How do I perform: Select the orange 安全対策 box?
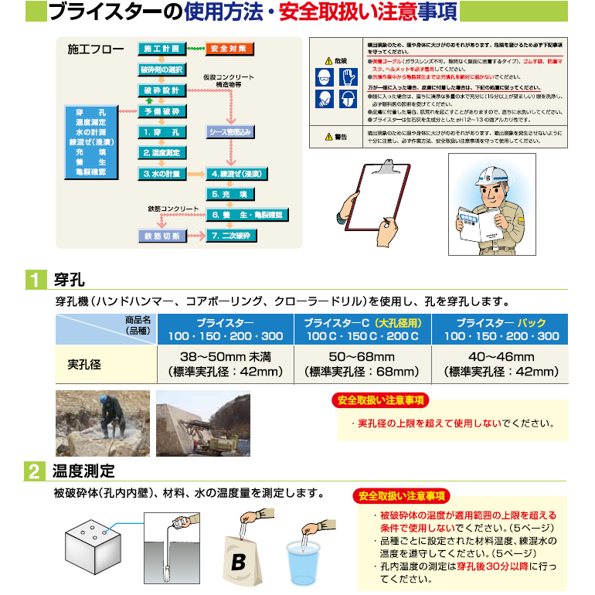click(x=228, y=49)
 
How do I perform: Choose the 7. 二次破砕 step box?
click(x=229, y=235)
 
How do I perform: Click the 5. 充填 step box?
click(x=229, y=194)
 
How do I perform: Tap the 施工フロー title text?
click(x=95, y=50)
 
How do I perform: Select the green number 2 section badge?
click(x=35, y=471)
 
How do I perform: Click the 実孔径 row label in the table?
click(x=84, y=363)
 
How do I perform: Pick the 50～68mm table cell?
click(x=362, y=363)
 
